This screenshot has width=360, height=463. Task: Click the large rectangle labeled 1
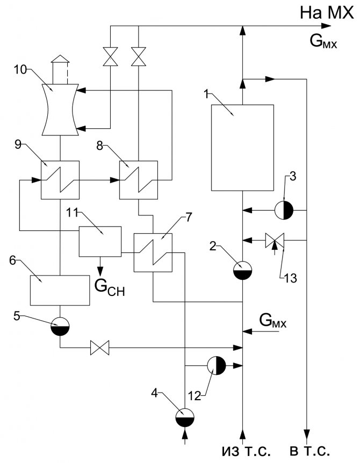point(242,147)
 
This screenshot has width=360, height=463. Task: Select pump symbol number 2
point(243,269)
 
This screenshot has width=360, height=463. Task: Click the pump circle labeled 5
point(60,325)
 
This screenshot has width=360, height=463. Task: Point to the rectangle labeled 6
point(60,290)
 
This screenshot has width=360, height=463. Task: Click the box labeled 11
point(99,241)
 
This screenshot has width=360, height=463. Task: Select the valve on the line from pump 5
point(99,348)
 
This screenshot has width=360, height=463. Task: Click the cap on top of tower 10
point(60,59)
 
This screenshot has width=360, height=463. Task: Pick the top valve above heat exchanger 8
point(139,55)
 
